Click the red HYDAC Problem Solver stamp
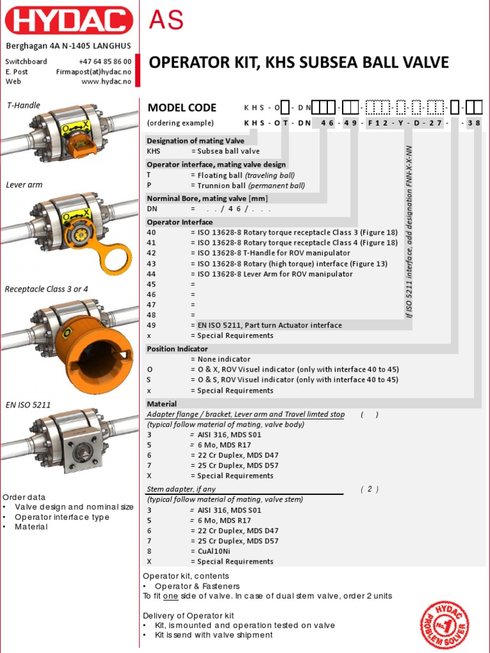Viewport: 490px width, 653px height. [445, 624]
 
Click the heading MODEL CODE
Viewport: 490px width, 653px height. [182, 108]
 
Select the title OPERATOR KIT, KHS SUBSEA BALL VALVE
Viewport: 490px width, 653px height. [299, 62]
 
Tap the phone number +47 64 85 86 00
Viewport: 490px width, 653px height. [105, 61]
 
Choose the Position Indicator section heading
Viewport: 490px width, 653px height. [177, 349]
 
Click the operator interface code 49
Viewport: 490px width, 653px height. [151, 325]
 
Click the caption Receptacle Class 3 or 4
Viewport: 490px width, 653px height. [47, 289]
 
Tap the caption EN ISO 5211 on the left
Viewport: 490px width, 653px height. [28, 404]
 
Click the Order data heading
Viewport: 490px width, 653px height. [24, 497]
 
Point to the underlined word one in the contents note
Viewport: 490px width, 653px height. [170, 596]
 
